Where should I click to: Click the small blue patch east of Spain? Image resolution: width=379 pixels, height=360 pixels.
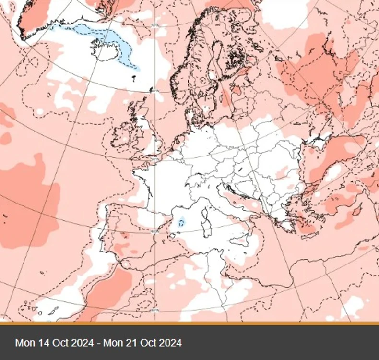point(181,222)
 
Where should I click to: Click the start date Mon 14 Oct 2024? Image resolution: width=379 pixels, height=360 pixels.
point(54,343)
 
